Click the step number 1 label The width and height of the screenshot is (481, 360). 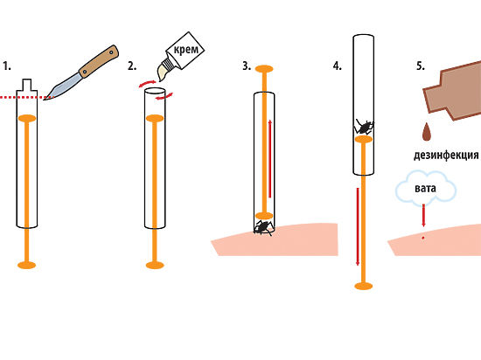(7, 66)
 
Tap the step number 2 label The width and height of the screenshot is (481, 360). (132, 66)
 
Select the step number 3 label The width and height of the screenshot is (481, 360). (247, 66)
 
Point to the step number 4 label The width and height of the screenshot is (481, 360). (338, 66)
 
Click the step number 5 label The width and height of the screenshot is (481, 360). (421, 66)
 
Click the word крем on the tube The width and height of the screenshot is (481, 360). (186, 50)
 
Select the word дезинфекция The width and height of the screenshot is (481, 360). (446, 155)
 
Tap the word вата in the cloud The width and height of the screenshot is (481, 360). (425, 188)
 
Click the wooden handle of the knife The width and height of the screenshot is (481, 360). (99, 61)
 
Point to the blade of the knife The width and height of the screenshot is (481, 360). (63, 87)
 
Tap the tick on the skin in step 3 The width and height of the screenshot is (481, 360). (263, 228)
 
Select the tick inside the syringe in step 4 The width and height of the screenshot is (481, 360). (364, 127)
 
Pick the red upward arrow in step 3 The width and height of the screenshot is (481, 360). (270, 159)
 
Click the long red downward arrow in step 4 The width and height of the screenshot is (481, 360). (358, 226)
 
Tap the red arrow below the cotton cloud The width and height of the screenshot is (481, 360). (423, 215)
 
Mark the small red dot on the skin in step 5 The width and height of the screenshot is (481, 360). (423, 238)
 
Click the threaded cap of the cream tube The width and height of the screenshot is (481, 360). (169, 64)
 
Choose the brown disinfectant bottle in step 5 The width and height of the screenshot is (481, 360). (453, 90)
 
